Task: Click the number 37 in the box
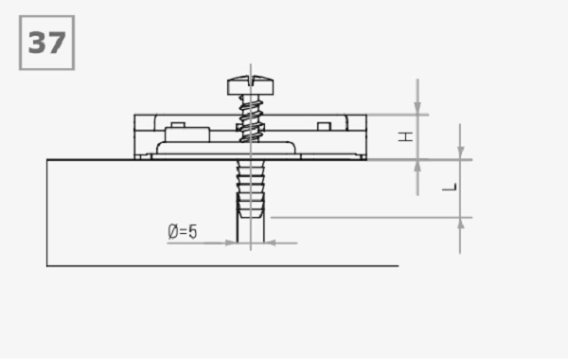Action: tap(46, 43)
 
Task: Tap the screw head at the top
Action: tap(250, 85)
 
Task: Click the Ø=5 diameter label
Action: tap(183, 231)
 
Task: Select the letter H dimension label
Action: tap(405, 136)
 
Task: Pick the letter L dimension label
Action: tap(450, 187)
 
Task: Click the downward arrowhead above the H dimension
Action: tap(417, 108)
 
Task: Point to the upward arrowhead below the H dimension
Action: tap(417, 166)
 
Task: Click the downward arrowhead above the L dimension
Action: tap(460, 153)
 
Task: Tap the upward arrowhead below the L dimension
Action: tap(460, 224)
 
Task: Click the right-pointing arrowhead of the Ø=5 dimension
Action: tap(231, 243)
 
